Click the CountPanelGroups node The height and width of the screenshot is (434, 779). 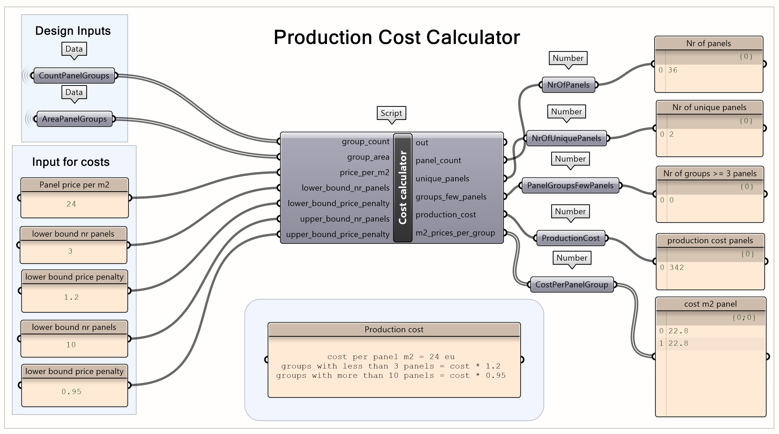[74, 76]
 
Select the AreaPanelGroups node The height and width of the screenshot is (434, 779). [74, 119]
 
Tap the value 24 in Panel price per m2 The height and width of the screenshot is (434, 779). [71, 204]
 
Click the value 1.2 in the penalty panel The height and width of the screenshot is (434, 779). [71, 298]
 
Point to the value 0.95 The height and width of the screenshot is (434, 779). [71, 392]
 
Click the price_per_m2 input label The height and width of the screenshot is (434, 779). [364, 172]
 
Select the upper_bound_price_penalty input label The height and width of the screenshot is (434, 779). [338, 234]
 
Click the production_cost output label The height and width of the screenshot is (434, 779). [446, 215]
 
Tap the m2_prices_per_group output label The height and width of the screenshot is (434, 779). [455, 233]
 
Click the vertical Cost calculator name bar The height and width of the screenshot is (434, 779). [402, 188]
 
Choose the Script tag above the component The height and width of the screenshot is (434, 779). [391, 113]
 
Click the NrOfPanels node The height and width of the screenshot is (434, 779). [568, 85]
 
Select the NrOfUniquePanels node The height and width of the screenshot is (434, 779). [566, 138]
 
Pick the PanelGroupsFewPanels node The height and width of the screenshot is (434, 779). [570, 186]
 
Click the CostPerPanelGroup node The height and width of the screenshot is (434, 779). [572, 285]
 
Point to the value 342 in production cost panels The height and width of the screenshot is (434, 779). [676, 268]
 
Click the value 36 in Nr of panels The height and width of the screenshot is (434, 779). [672, 70]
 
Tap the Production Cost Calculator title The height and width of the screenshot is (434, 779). [396, 37]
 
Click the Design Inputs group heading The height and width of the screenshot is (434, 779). [73, 31]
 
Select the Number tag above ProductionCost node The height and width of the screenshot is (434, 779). [570, 211]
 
